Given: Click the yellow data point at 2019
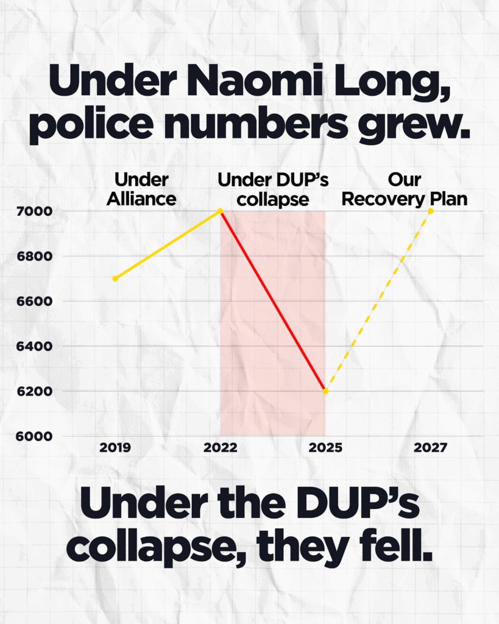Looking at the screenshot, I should [x=115, y=278].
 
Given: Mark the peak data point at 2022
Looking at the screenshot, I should [x=221, y=211].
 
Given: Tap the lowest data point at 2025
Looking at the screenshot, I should [x=325, y=391].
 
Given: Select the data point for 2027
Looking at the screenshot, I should [x=431, y=211].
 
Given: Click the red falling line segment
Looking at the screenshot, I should [x=273, y=301].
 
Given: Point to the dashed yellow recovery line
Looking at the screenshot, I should [x=378, y=302].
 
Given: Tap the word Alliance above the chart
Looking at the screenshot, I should [x=141, y=199].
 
